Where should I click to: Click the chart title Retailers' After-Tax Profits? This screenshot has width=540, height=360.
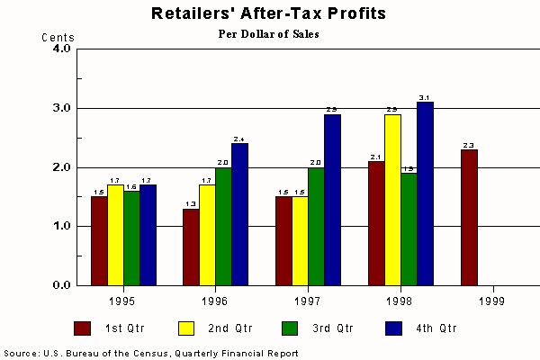pos(269,14)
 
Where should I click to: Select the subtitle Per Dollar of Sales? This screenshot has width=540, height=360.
pos(269,34)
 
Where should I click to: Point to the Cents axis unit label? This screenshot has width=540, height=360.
pos(58,38)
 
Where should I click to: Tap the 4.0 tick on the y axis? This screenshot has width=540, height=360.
pos(60,49)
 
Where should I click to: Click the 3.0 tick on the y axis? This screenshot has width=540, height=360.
pos(60,108)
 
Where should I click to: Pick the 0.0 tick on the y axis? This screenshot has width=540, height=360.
pos(60,285)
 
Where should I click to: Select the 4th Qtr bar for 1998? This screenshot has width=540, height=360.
pos(423,193)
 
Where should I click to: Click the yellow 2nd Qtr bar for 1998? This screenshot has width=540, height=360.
pos(391,200)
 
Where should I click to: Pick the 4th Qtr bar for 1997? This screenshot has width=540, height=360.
pos(331,200)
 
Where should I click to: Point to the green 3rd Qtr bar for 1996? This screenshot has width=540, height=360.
pos(222,226)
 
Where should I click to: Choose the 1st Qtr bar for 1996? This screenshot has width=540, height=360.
pos(191,247)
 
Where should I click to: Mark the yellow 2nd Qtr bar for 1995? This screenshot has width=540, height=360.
pos(115,235)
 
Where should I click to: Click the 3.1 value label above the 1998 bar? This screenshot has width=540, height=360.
pos(423,97)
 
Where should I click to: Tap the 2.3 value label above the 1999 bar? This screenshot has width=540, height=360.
pos(469,145)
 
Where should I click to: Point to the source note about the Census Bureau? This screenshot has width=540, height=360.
pos(150,353)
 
